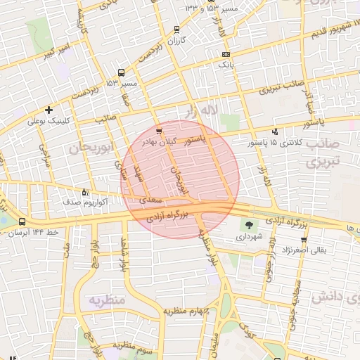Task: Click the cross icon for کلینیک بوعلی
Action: tap(49, 110)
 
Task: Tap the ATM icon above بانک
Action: tap(225, 54)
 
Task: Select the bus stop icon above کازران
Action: tap(176, 30)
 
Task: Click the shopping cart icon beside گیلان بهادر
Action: tap(160, 131)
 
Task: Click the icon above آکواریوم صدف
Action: tap(86, 191)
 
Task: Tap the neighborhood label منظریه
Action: tap(105, 301)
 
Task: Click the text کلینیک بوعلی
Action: tap(51, 121)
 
